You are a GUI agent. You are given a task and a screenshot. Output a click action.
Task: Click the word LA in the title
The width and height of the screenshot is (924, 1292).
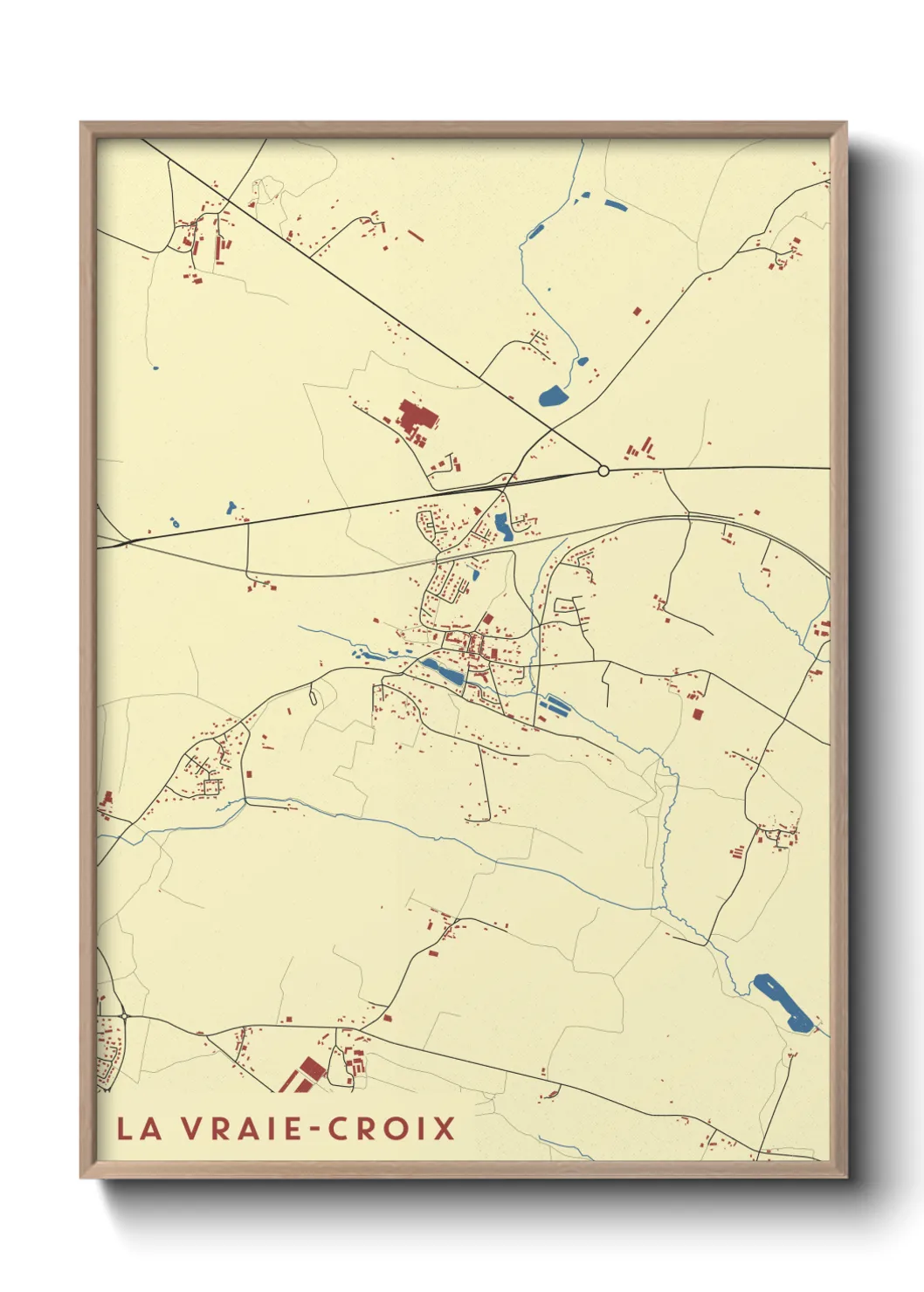[139, 1128]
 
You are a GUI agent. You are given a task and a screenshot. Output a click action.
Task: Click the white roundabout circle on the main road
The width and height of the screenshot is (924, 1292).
[603, 471]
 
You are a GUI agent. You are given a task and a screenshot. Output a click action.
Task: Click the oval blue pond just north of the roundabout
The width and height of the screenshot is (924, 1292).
[553, 397]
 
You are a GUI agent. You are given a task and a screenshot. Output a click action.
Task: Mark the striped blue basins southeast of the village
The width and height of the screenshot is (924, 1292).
[555, 704]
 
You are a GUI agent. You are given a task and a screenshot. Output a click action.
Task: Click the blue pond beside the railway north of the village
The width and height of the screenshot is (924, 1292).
[504, 526]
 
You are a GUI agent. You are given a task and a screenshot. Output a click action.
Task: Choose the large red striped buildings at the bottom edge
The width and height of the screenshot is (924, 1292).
[307, 1073]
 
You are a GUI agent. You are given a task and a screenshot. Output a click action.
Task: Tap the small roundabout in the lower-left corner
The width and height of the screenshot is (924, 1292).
[125, 1016]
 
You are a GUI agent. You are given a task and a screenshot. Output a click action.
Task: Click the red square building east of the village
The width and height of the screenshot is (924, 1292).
[697, 714]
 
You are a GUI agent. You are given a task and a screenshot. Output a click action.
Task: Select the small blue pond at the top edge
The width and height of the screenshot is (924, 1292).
[615, 207]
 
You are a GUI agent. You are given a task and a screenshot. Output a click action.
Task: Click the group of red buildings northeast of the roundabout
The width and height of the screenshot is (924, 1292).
[641, 449]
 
